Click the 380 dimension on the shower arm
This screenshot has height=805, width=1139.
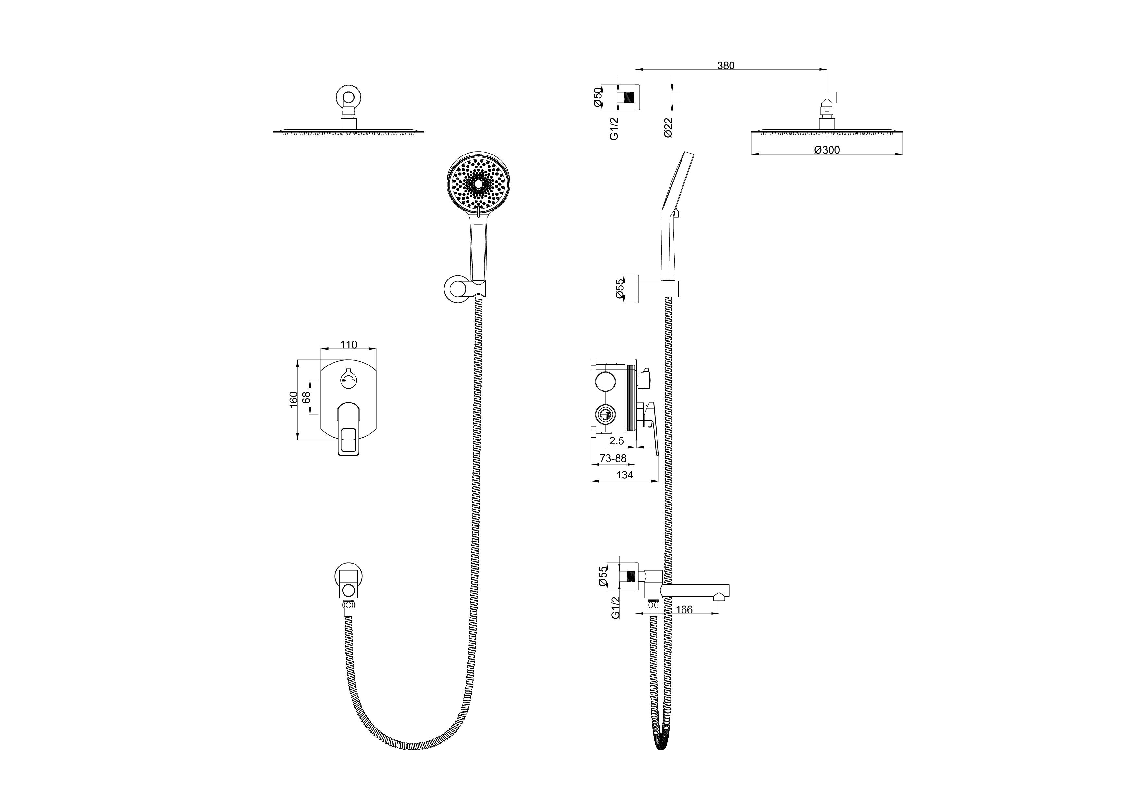click(x=726, y=66)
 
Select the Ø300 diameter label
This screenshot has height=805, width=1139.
click(x=827, y=150)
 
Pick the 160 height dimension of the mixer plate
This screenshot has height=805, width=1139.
click(x=294, y=399)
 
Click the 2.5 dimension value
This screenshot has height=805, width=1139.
click(x=617, y=441)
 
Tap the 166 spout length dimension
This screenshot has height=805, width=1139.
click(x=684, y=610)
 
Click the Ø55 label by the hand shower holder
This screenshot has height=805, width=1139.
click(x=620, y=288)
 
